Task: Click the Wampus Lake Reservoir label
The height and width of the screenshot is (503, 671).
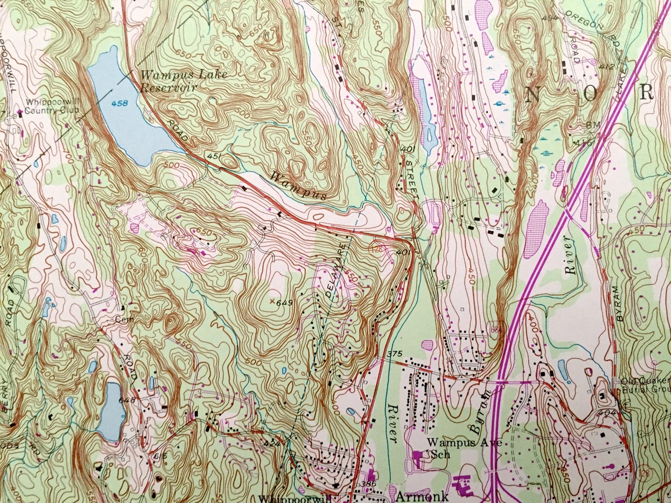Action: pos(182,81)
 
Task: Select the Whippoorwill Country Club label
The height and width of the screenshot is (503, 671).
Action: pos(50,105)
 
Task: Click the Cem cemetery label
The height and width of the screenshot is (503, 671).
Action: pos(122,319)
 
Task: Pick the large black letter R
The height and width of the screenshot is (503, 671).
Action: pos(647,92)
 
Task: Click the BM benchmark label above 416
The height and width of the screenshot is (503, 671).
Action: pos(592,125)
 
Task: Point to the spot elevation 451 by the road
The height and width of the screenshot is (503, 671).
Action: pos(213,156)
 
